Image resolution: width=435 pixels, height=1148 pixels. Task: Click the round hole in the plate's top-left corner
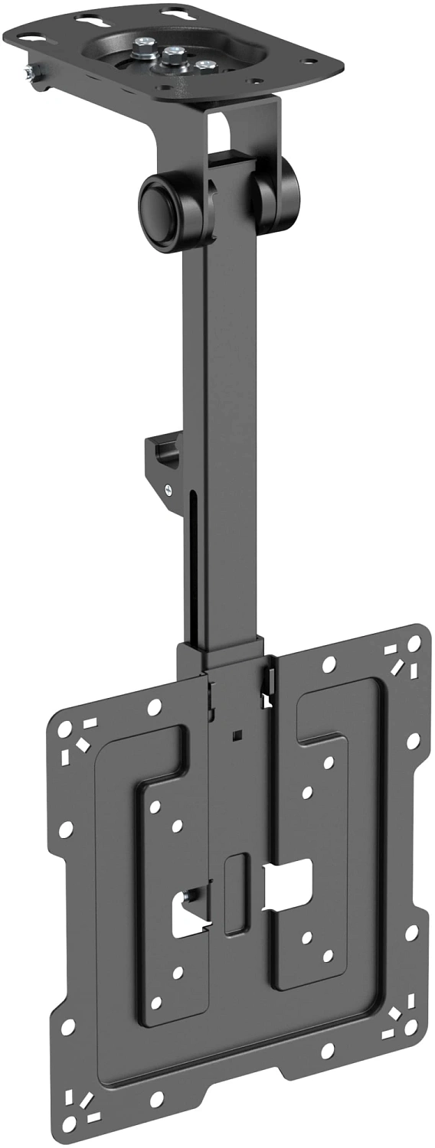pos(65,727)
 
